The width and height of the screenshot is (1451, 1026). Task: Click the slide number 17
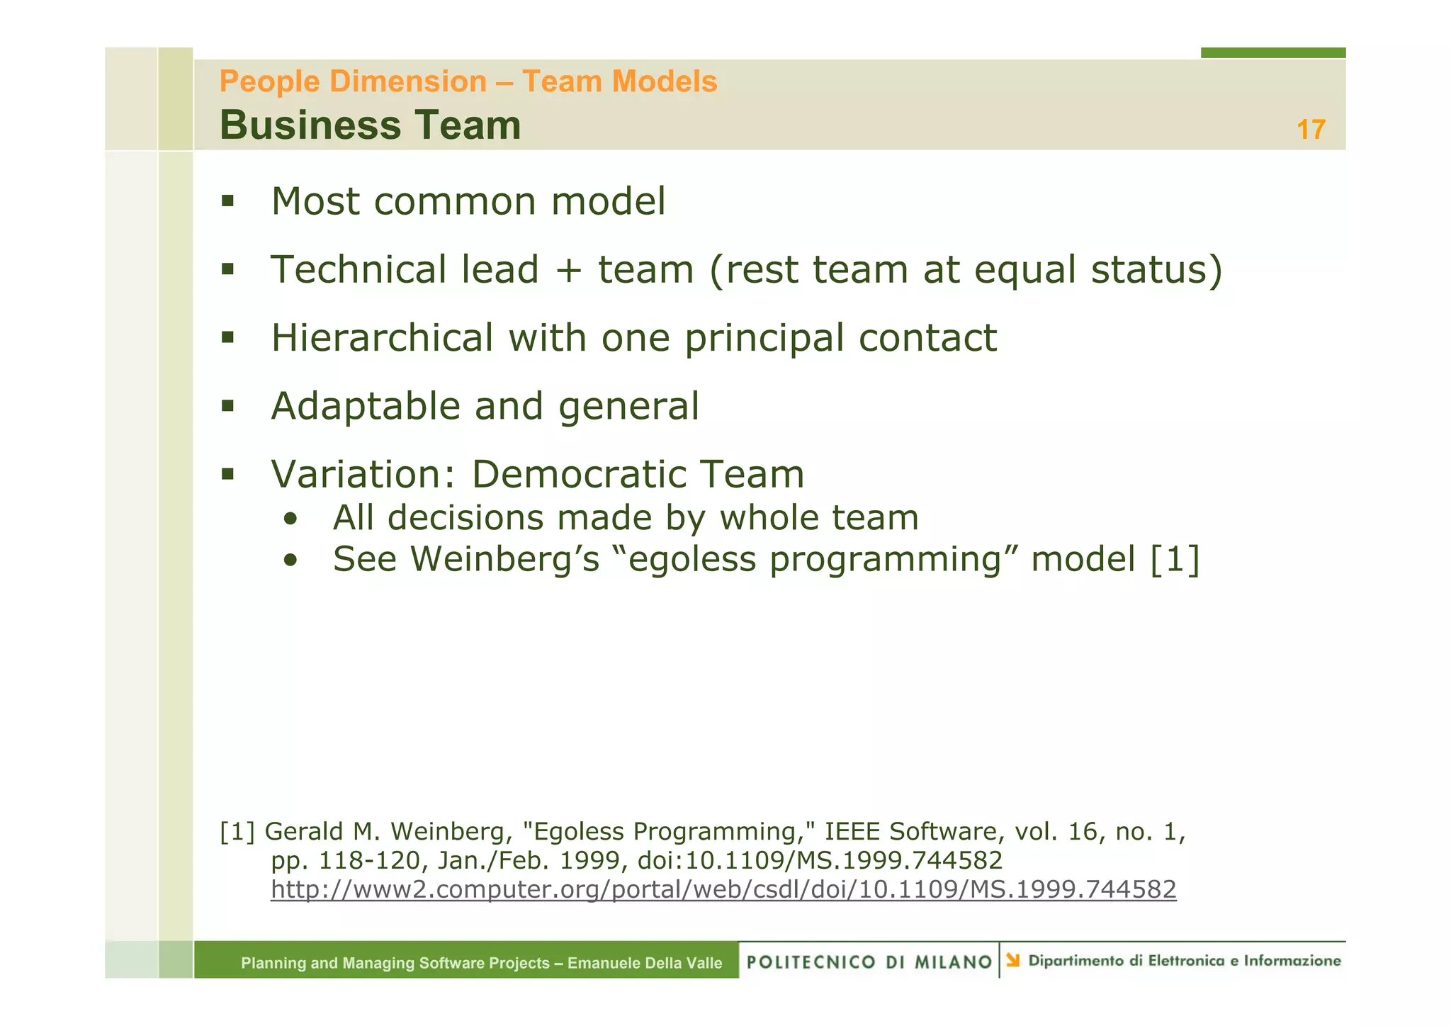pos(1310,130)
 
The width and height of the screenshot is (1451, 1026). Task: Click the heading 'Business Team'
pos(370,125)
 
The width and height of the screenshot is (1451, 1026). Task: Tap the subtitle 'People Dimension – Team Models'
pos(468,81)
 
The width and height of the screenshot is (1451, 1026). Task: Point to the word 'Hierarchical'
pos(382,337)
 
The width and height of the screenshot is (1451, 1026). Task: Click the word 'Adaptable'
pos(365,407)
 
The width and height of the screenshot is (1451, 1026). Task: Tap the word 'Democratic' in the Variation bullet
pos(577,474)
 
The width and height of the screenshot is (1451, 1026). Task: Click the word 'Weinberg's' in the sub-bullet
pos(505,559)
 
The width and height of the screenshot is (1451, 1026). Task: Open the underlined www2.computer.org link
pos(723,889)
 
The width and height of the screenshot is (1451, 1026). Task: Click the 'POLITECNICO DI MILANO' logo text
pos(869,962)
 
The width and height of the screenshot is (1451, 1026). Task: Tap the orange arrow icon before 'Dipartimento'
pos(1013,960)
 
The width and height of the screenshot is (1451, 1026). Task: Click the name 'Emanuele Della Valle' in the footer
pos(645,963)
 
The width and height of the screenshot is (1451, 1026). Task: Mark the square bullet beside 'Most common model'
pos(227,201)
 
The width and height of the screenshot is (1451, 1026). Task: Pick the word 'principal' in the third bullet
pos(764,339)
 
